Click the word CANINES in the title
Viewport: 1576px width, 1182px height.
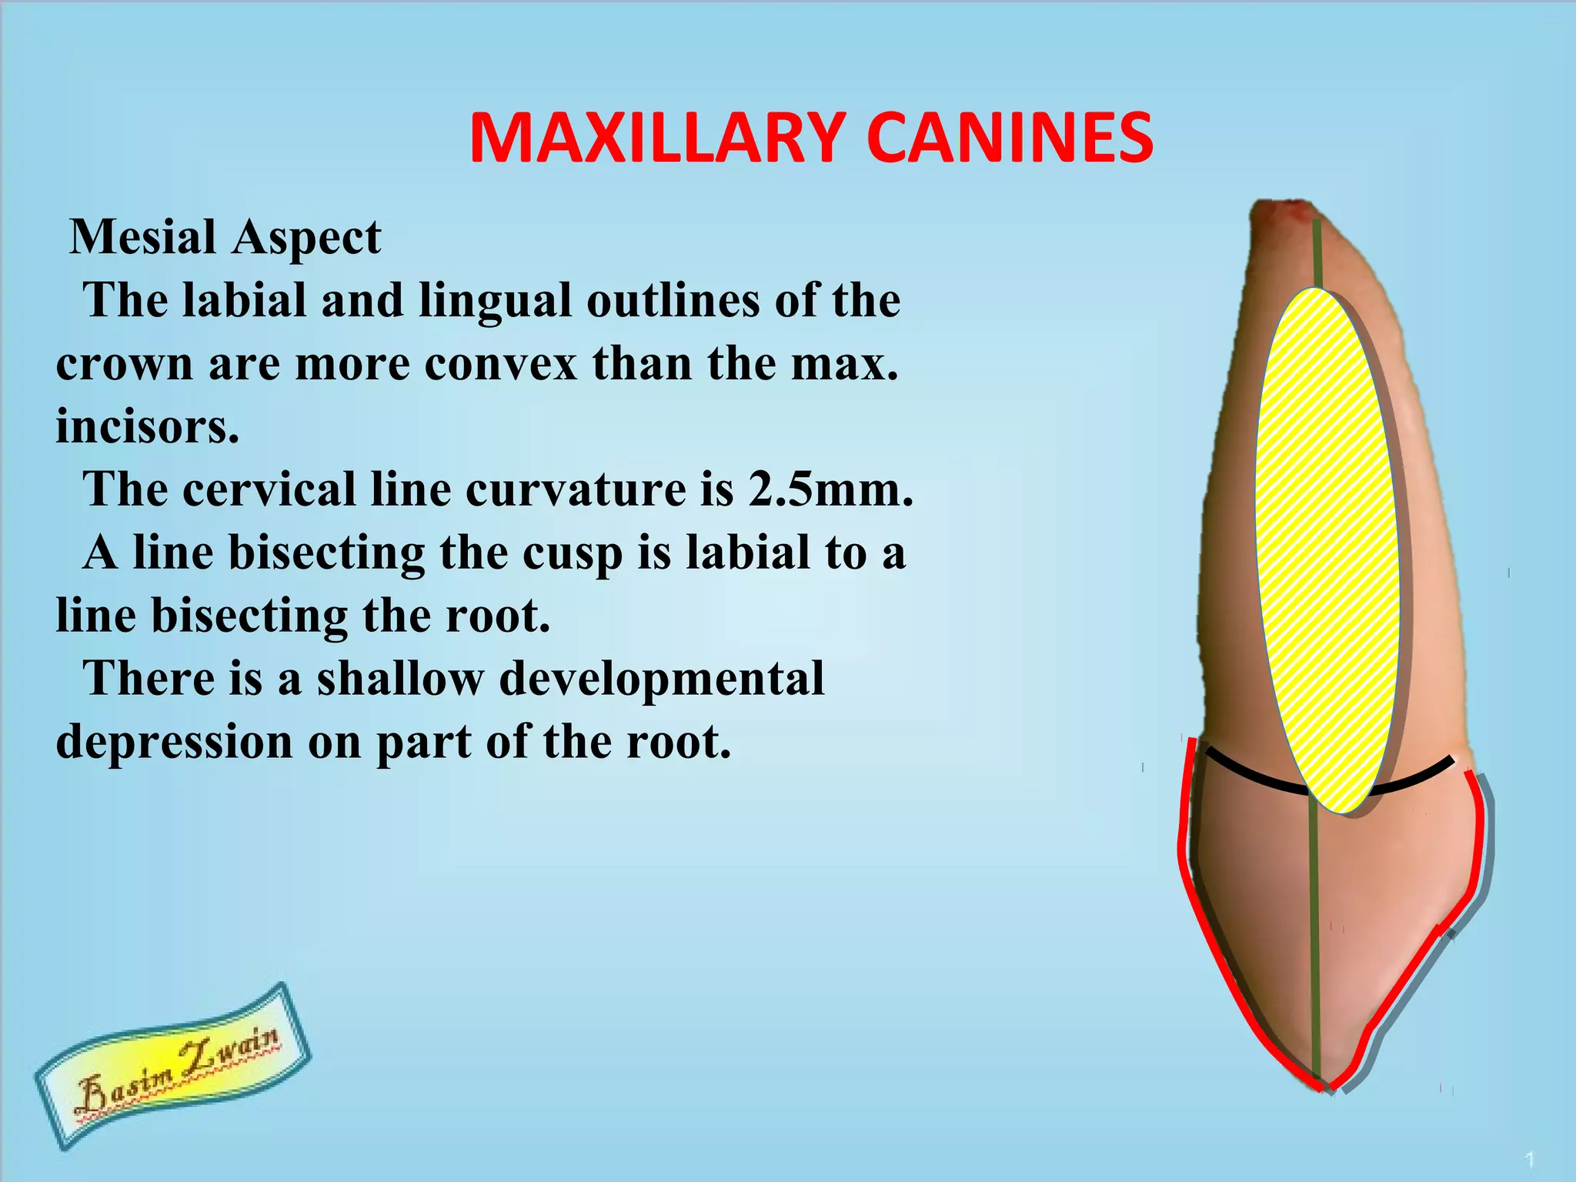tap(1010, 139)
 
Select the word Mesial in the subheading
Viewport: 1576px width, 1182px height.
tap(142, 237)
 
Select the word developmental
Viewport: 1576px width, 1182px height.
tap(662, 679)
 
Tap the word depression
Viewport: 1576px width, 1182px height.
tap(174, 743)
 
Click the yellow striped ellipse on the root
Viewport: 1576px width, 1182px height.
tap(1327, 550)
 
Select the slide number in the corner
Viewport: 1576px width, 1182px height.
tap(1531, 1159)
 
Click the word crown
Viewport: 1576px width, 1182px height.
tap(124, 364)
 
